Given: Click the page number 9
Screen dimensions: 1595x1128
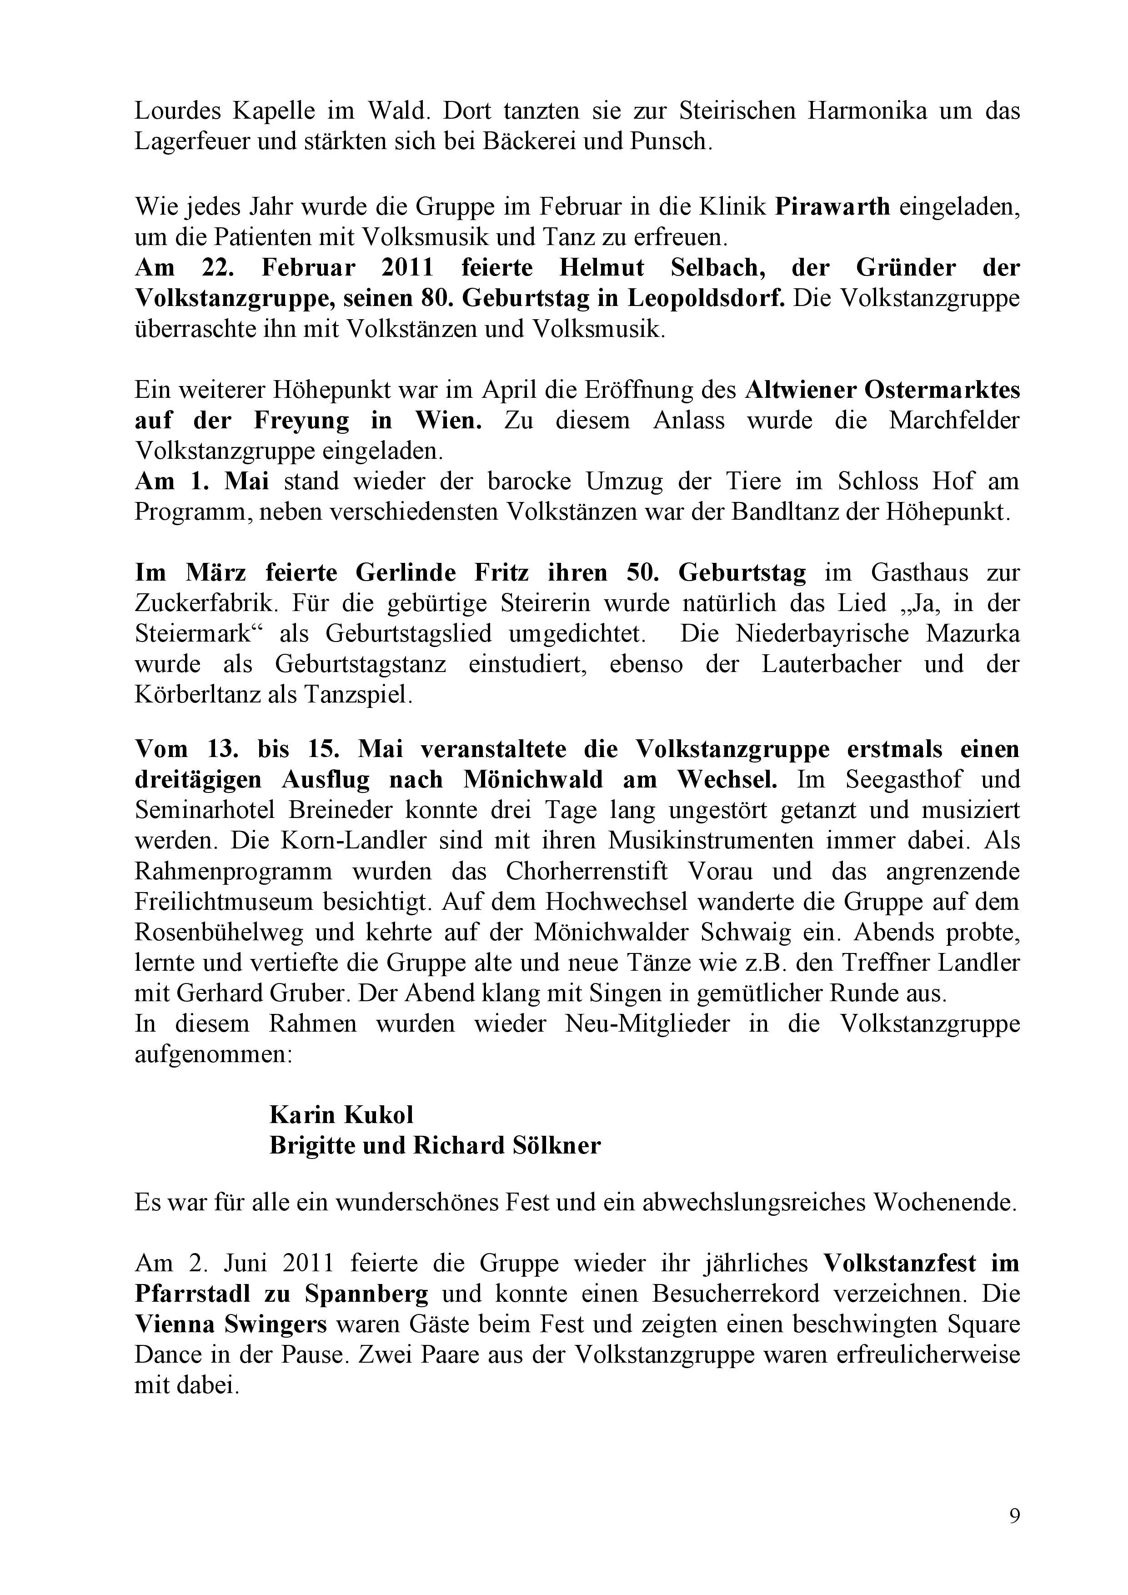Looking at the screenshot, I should pyautogui.click(x=1014, y=1516).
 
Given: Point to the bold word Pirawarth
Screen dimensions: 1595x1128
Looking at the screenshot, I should pyautogui.click(x=832, y=207).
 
